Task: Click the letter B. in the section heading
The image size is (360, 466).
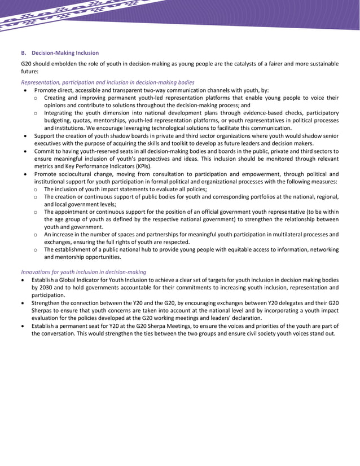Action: (x=24, y=53)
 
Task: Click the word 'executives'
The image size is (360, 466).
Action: (x=47, y=143)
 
